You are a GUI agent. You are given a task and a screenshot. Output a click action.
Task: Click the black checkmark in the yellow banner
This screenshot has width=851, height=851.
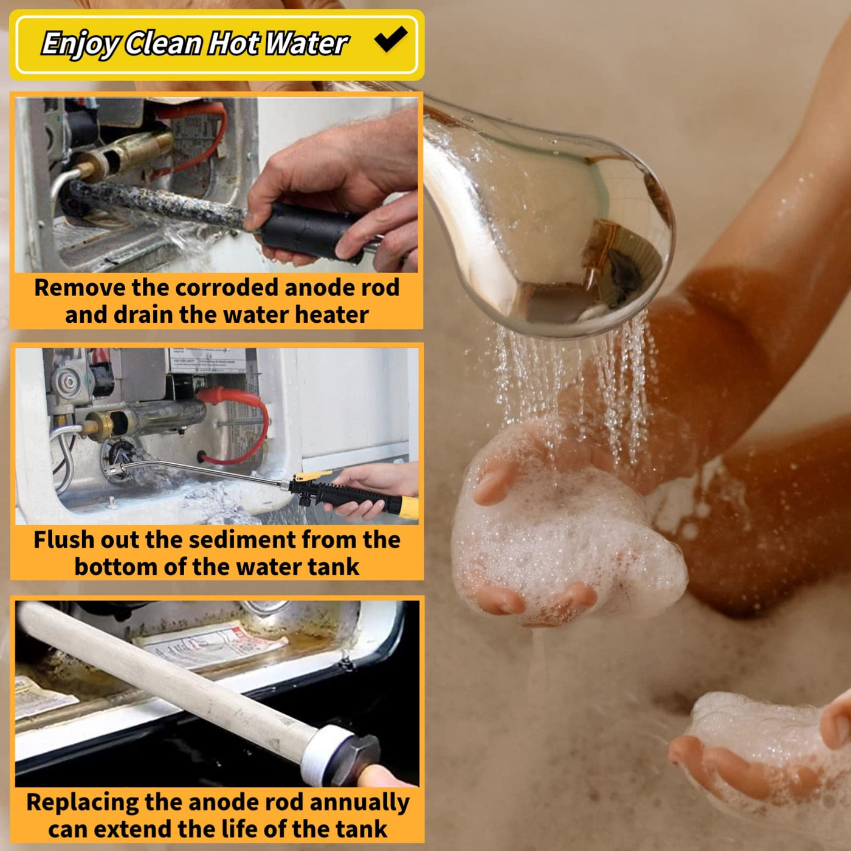391,39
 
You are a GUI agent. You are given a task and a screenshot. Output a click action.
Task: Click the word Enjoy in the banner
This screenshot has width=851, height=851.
80,44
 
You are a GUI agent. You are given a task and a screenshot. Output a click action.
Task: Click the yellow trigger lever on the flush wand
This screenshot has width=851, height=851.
312,475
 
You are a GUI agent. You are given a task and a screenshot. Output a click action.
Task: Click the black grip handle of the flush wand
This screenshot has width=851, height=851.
353,497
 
